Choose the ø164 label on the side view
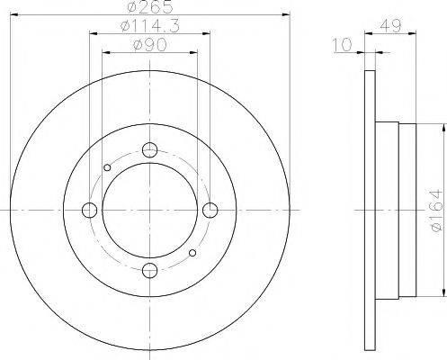(x=434, y=210)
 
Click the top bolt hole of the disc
(x=150, y=149)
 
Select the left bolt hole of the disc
(x=90, y=211)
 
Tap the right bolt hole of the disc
(x=210, y=211)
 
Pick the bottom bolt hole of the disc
(x=150, y=271)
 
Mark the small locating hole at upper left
(x=108, y=167)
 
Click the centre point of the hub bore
(x=150, y=211)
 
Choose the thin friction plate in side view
(x=368, y=211)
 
